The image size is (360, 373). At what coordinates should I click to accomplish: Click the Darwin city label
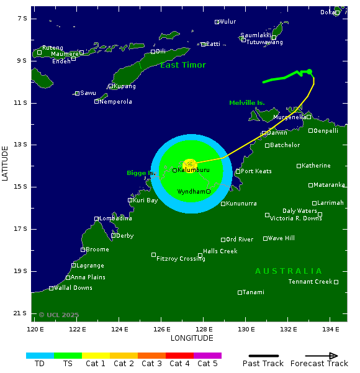[277, 133]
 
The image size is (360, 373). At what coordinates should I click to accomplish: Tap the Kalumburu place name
[194, 170]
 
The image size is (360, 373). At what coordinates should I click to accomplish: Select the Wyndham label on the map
[191, 192]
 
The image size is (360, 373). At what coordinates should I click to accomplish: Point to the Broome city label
[97, 249]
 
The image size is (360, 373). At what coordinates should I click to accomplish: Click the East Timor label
[183, 65]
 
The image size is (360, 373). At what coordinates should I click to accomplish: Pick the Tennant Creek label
[310, 282]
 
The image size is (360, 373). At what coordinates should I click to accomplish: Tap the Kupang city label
[125, 86]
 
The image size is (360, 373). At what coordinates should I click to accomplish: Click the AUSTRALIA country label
[289, 271]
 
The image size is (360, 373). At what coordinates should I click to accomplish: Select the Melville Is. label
[247, 103]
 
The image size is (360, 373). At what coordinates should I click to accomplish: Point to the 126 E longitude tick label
[162, 329]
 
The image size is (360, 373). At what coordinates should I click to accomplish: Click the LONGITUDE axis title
[192, 338]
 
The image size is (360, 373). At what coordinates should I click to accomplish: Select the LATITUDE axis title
[5, 163]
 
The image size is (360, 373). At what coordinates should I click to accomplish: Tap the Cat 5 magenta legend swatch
[207, 356]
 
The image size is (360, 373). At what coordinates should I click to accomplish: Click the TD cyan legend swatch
[40, 356]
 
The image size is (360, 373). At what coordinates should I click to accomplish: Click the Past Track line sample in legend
[263, 356]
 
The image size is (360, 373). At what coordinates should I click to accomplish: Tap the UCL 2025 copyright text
[59, 315]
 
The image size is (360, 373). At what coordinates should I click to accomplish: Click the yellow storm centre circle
[190, 164]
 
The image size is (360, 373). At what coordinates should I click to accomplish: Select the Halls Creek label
[220, 251]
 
